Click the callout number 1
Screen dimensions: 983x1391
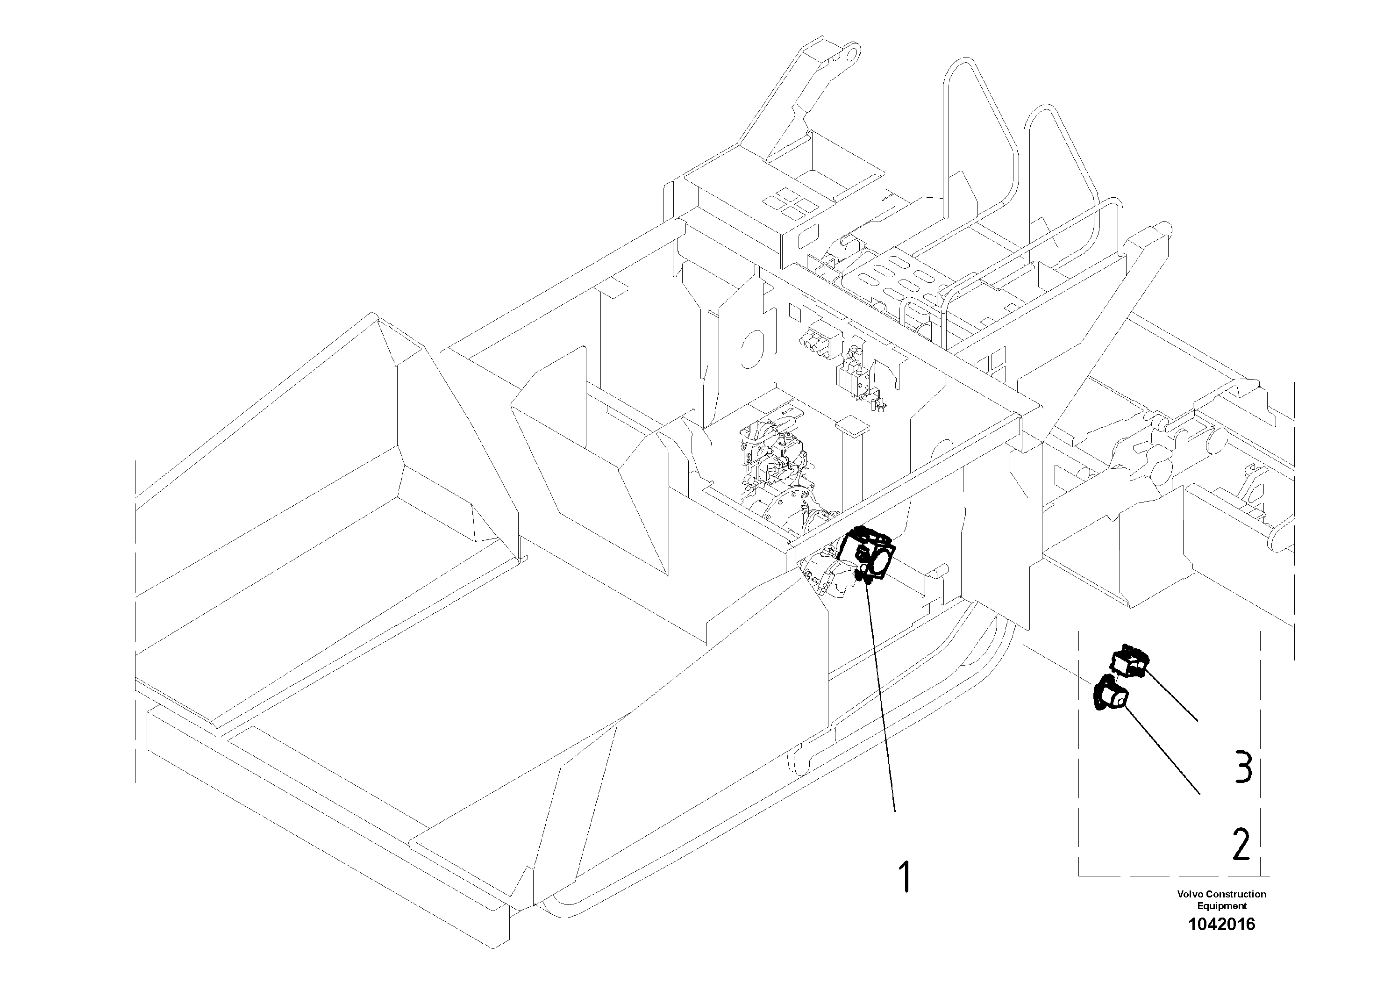(x=905, y=876)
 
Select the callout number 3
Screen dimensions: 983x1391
(x=1242, y=767)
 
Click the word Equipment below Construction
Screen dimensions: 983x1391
(x=1221, y=906)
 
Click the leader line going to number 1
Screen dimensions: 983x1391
(x=882, y=697)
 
